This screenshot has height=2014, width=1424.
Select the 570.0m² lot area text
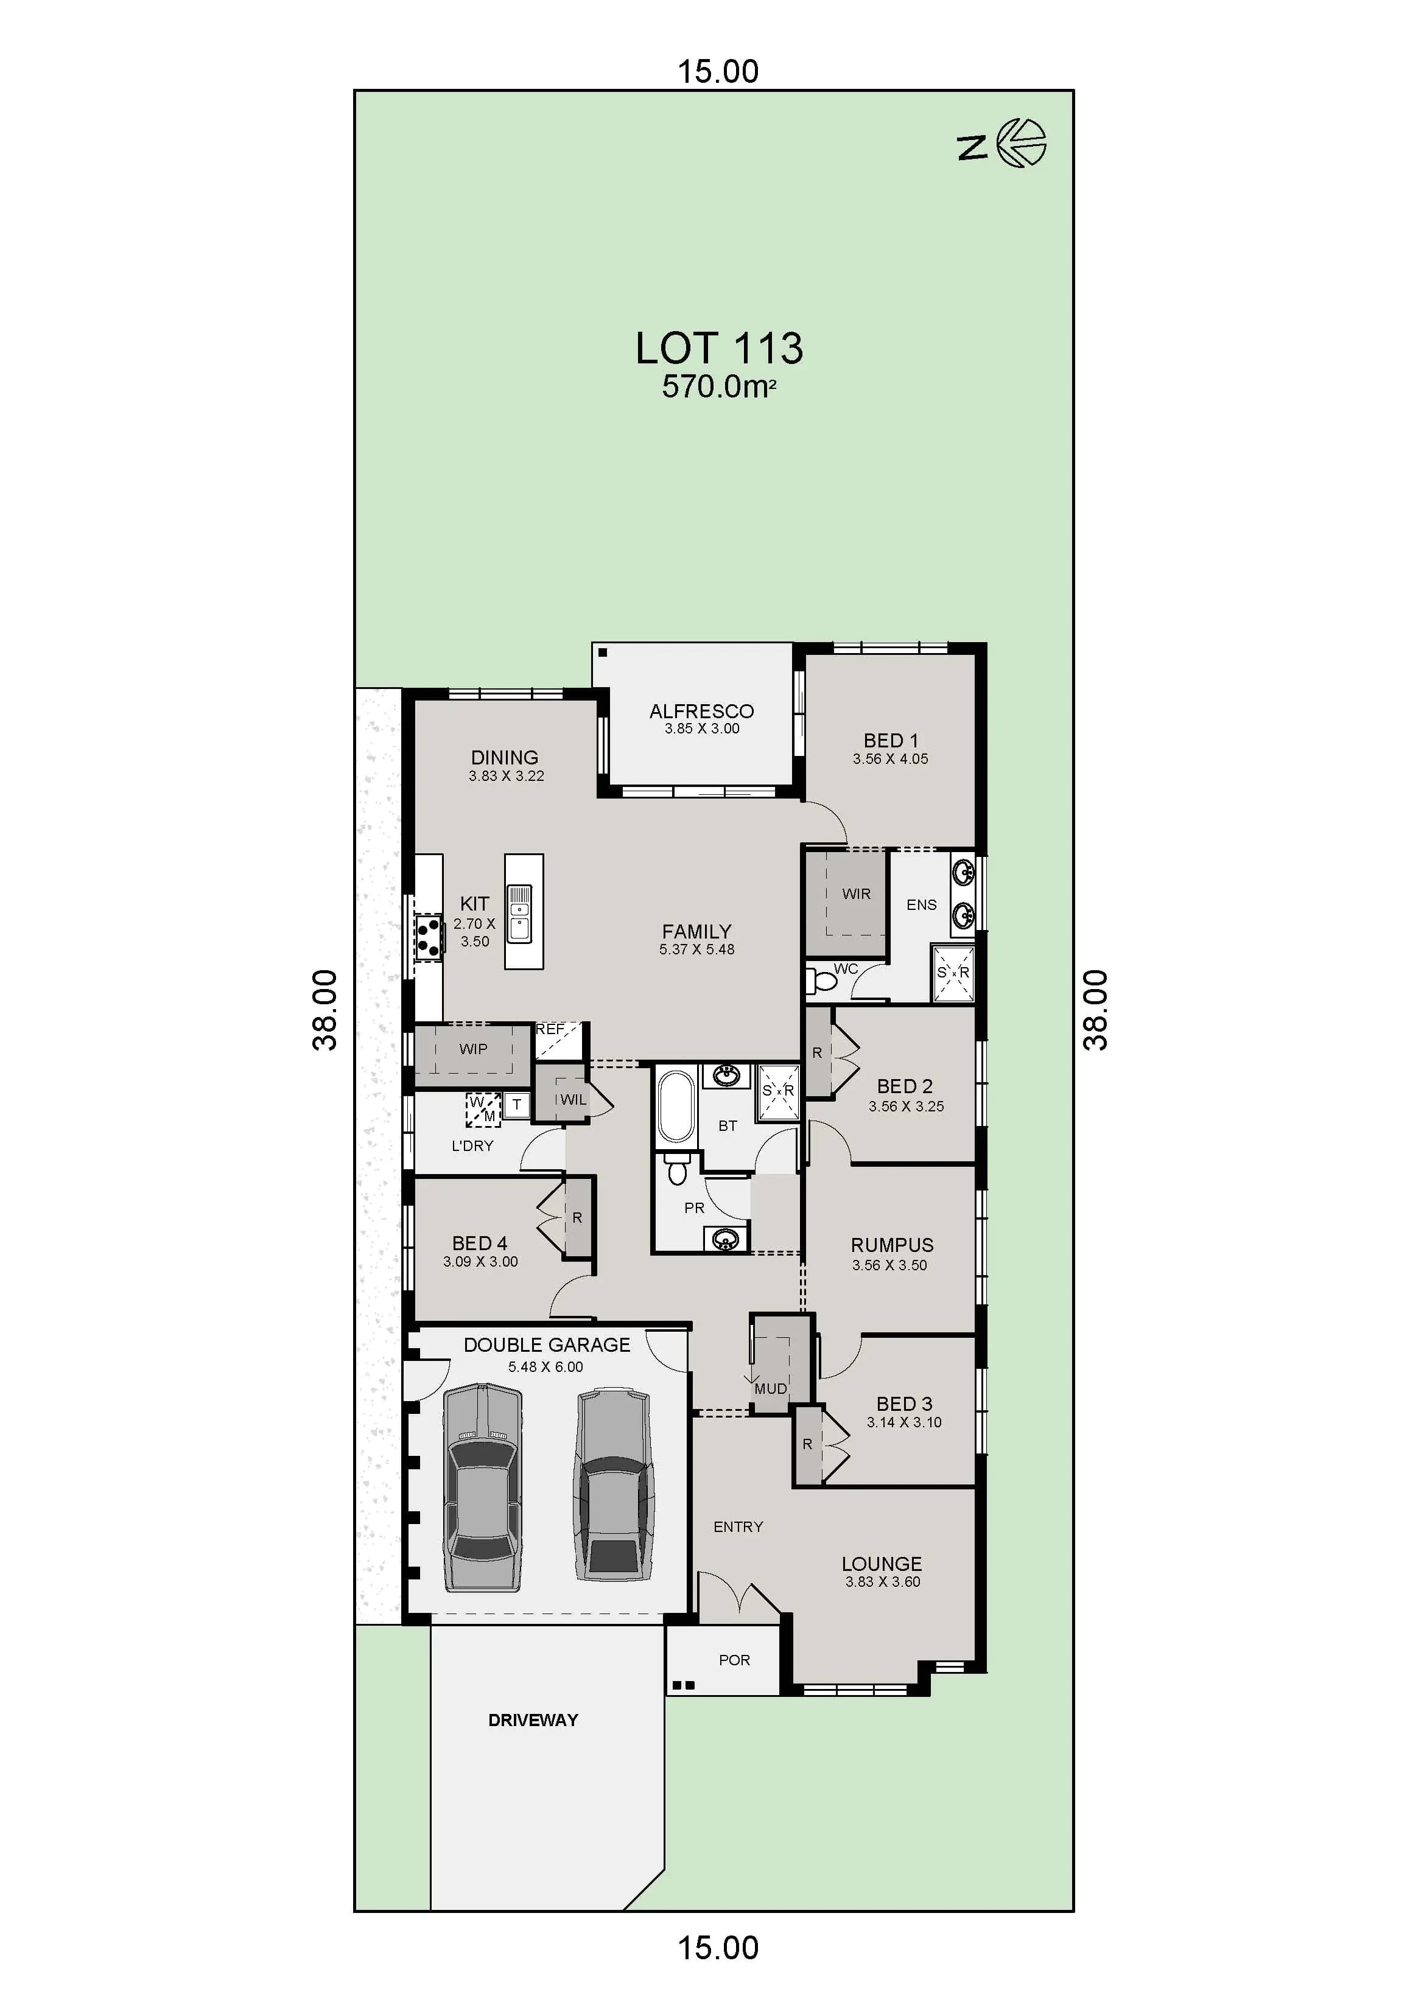pos(718,387)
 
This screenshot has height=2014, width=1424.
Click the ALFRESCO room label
pos(701,710)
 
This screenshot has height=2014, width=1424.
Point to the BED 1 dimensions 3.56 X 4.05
pos(889,759)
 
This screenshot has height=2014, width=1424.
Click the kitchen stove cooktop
pos(429,937)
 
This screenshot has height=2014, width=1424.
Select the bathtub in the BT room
pos(676,1106)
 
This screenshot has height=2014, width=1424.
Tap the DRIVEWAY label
pos(533,1720)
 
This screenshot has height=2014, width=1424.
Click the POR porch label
pos(734,1660)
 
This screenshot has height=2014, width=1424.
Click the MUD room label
pos(770,1388)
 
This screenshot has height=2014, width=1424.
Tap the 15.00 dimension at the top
pos(718,71)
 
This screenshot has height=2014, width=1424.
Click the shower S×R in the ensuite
pos(953,973)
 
